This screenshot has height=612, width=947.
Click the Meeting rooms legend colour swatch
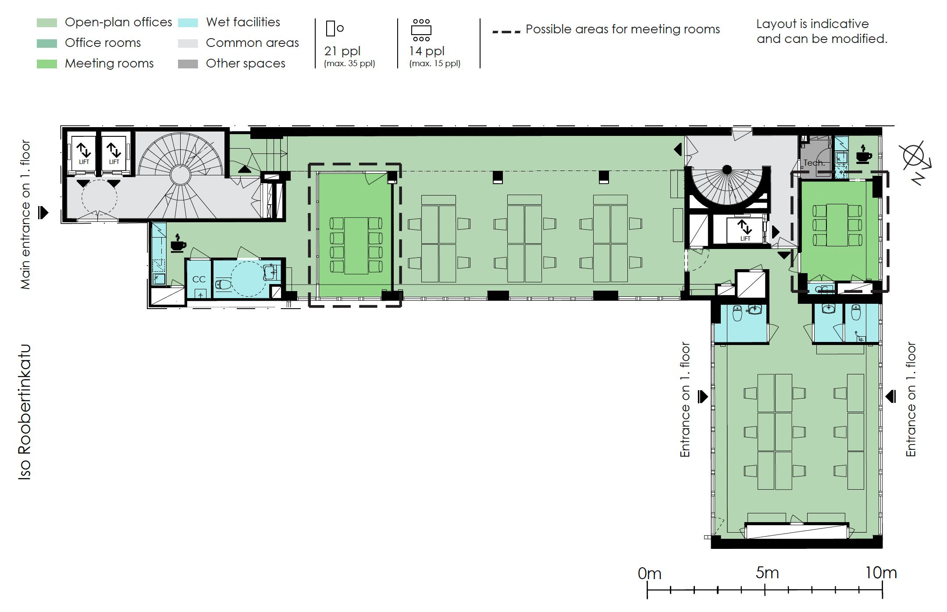[x=47, y=64]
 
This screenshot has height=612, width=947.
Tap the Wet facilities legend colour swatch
[x=188, y=23]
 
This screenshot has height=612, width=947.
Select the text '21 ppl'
[x=342, y=51]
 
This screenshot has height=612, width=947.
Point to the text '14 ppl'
[x=427, y=51]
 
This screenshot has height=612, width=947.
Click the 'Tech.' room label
[x=814, y=163]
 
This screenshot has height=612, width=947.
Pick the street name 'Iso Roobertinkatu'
[x=25, y=412]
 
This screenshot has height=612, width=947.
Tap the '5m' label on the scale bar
[x=767, y=573]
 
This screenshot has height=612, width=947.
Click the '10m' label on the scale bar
[x=881, y=573]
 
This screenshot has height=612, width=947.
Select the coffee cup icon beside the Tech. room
[x=863, y=154]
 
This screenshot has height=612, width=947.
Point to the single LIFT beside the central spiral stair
[x=745, y=230]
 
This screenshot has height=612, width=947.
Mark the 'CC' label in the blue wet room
[x=199, y=279]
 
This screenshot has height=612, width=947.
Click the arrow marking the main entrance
[x=43, y=213]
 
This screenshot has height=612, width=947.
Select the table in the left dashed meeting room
[x=356, y=246]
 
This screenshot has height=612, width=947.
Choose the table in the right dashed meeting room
[x=837, y=225]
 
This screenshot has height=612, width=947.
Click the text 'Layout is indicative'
[x=812, y=24]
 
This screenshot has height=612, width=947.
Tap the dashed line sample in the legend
[x=506, y=32]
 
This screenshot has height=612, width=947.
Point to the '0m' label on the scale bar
[x=649, y=573]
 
